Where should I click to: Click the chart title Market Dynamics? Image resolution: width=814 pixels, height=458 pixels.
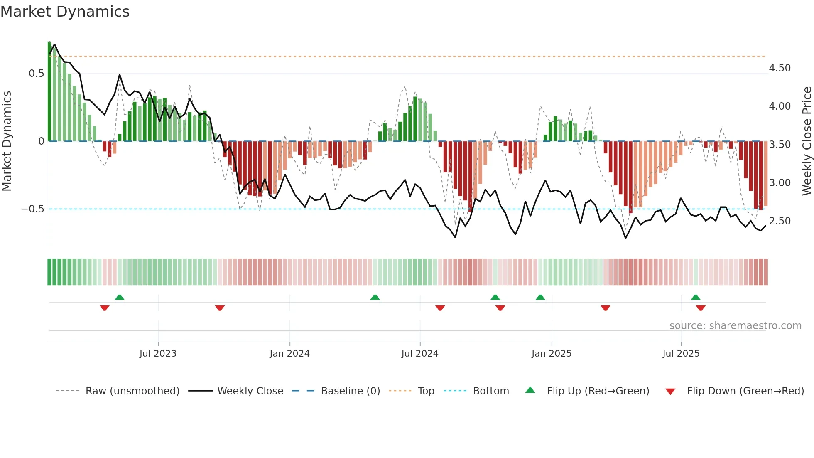coord(65,12)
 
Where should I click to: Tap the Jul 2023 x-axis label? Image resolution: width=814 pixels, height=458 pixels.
coord(158,354)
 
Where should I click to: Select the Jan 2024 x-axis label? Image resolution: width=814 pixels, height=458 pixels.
coord(289,354)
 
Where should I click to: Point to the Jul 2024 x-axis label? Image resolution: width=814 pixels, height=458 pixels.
coord(420,354)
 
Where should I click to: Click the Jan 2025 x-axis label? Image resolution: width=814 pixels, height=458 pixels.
coord(552,354)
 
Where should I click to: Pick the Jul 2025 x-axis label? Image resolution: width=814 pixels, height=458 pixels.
coord(681,354)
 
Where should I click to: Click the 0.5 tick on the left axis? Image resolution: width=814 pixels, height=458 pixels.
coord(36,74)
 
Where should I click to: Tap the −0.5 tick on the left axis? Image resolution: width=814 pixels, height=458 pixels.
coord(32,209)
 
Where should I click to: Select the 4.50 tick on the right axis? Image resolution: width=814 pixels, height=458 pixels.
coord(780,68)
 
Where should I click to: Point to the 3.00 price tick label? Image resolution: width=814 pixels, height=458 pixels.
coord(780,183)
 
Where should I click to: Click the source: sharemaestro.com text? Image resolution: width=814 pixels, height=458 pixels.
coord(735,326)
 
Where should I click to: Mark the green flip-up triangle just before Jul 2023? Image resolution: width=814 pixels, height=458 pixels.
coord(120,297)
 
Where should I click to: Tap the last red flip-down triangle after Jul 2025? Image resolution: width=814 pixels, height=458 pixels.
coord(701,308)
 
